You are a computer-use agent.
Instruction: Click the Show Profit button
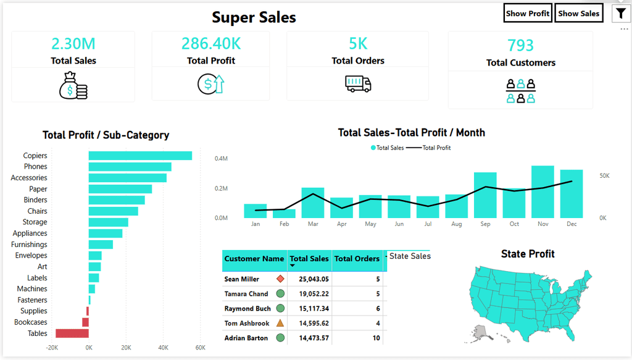tap(528, 14)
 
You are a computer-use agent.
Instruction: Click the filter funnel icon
tap(621, 14)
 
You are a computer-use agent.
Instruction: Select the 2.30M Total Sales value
tap(73, 44)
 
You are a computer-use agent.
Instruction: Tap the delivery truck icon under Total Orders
tap(358, 84)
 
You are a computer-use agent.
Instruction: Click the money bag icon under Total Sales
tap(73, 85)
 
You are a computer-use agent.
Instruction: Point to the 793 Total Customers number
tap(520, 45)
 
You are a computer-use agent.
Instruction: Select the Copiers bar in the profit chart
tap(140, 156)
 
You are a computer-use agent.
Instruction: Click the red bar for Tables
tap(72, 333)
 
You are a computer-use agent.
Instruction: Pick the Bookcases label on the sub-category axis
tap(31, 322)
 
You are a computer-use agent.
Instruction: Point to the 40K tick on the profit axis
tap(163, 348)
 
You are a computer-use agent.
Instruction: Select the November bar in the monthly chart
tap(543, 192)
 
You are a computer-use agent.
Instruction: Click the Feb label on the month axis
tap(284, 224)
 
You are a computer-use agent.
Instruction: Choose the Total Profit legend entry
tap(428, 148)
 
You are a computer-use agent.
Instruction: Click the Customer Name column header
tap(254, 259)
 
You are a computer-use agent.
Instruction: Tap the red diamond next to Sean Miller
tap(281, 278)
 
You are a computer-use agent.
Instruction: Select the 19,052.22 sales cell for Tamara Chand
tap(314, 294)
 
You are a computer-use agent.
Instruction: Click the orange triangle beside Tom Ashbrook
tap(280, 323)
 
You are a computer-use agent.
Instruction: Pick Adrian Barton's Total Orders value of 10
tap(376, 338)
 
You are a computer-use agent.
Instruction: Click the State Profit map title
tap(528, 254)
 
